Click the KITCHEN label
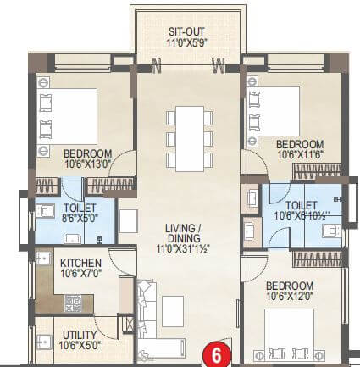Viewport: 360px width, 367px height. point(81,263)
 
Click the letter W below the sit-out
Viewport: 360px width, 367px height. point(218,62)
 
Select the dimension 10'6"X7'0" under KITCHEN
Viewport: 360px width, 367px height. point(81,274)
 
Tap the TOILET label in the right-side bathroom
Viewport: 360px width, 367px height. point(302,204)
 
